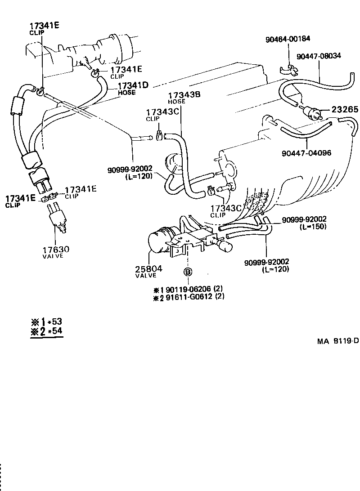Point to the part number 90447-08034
tap(319, 56)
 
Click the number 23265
tap(346, 110)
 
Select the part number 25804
tap(148, 269)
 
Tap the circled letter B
tap(188, 272)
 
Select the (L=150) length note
tap(313, 227)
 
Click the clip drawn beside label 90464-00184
tap(288, 70)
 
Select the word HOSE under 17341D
tap(126, 93)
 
